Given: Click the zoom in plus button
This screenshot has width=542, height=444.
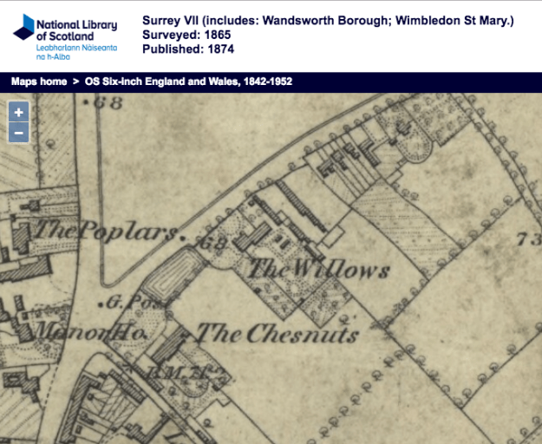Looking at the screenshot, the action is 19,112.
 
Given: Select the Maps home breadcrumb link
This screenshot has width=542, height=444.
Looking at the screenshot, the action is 38,82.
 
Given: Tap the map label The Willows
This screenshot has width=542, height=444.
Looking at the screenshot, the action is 318,271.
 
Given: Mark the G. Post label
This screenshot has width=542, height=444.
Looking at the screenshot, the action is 125,304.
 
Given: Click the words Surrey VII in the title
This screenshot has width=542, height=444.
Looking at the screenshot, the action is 171,20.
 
